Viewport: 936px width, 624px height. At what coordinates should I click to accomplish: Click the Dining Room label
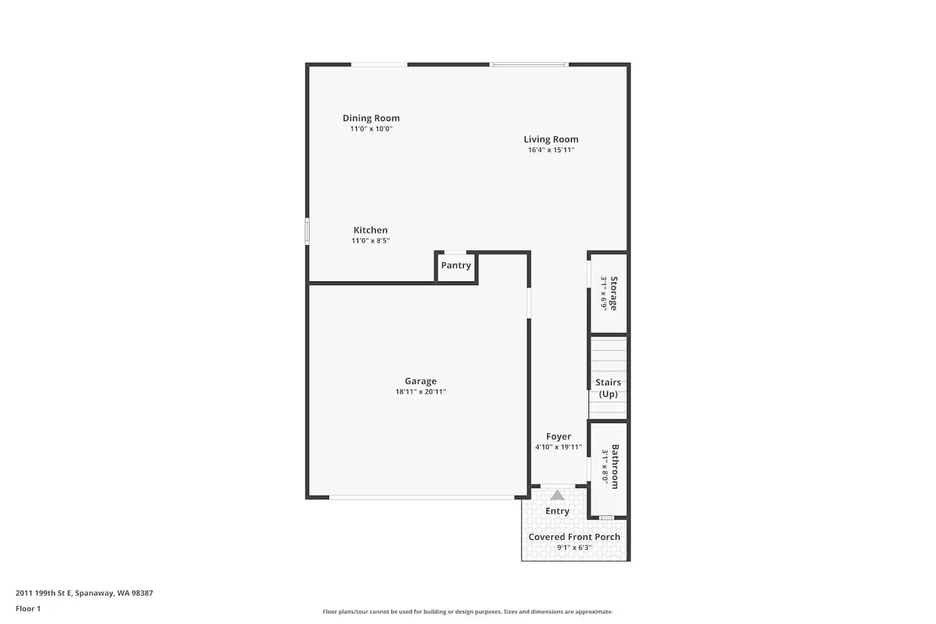pos(371,118)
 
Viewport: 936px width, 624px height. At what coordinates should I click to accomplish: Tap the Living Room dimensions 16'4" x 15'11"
pos(551,150)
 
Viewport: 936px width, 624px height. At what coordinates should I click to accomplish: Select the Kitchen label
pos(370,230)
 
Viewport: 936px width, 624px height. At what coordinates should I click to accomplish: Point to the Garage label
pos(421,381)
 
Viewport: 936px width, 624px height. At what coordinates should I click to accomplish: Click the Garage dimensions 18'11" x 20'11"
pos(421,392)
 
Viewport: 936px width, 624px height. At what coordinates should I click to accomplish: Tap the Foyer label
pos(558,437)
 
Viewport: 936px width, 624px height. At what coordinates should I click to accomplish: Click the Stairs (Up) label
pos(608,388)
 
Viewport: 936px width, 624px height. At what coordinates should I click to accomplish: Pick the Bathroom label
pos(615,467)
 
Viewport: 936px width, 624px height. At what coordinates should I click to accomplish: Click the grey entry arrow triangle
pos(557,495)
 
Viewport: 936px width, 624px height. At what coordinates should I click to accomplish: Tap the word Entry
pos(557,511)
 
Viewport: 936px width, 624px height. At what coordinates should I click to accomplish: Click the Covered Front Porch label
pos(574,537)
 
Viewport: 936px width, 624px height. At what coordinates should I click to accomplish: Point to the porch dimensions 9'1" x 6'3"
pos(574,548)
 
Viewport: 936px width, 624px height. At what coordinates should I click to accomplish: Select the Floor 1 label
pos(28,609)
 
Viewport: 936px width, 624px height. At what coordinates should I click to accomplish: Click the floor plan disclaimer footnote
pos(467,612)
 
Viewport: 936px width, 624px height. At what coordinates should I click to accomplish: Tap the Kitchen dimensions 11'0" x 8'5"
pos(370,241)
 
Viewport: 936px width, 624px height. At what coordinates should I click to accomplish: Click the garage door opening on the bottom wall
pos(422,497)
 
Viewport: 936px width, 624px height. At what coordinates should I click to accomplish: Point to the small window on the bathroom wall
pos(606,518)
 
